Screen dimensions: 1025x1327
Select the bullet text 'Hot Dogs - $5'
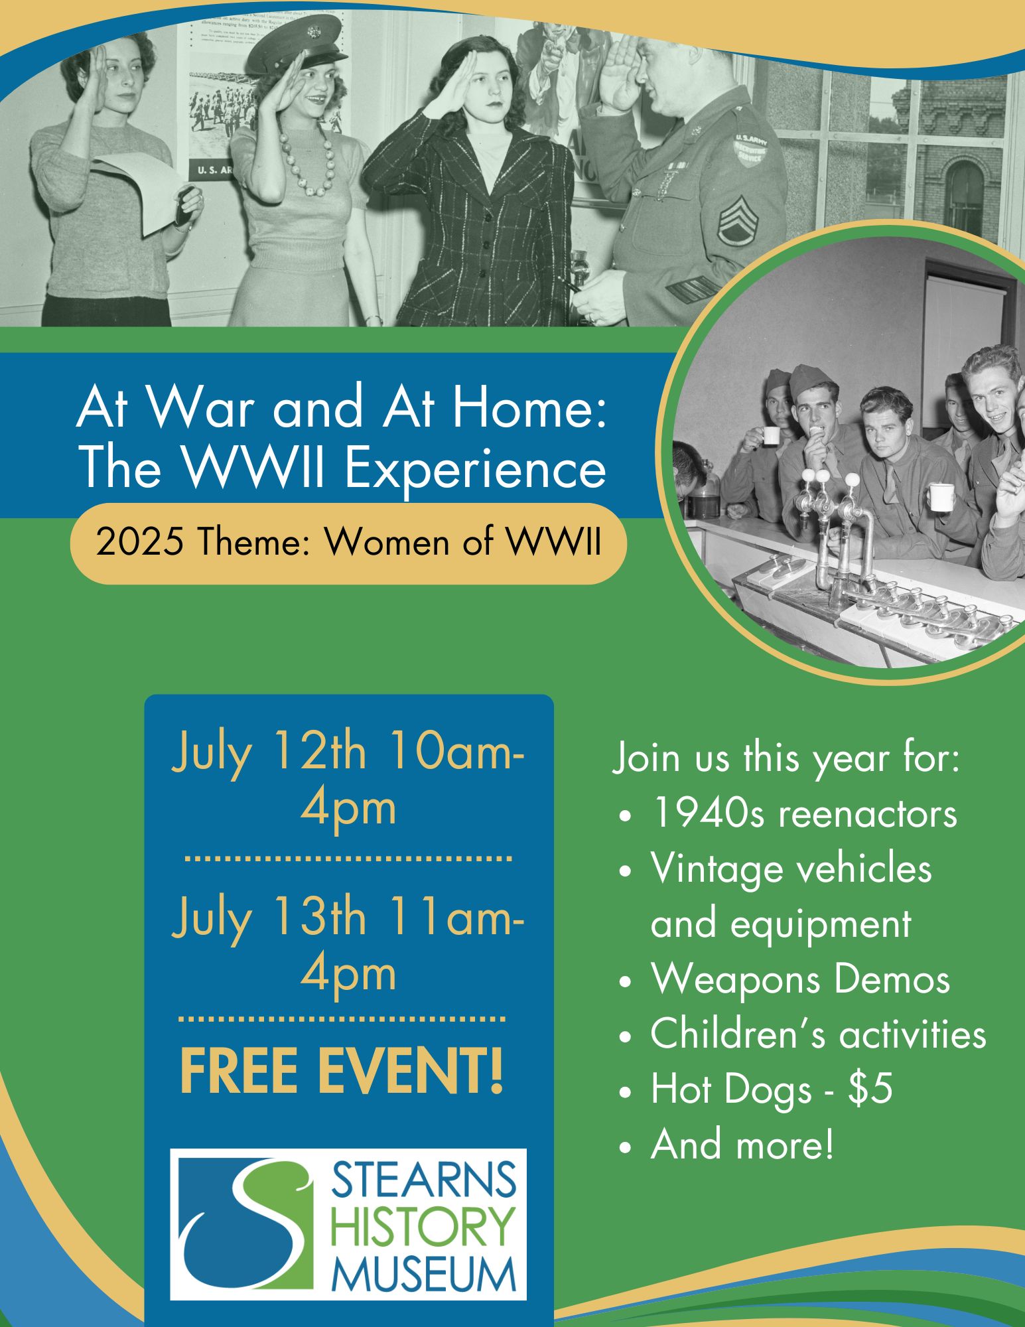[772, 1089]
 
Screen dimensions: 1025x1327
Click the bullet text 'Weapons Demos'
[800, 979]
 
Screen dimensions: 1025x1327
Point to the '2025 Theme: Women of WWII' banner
[348, 543]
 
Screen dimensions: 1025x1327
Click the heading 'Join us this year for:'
[786, 758]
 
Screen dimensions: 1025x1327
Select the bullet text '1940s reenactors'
[804, 813]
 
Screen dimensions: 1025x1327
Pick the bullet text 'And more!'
[742, 1145]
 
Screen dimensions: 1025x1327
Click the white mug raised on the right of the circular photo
[940, 497]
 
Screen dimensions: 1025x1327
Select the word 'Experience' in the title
[475, 468]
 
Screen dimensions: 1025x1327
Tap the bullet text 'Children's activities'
[818, 1034]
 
